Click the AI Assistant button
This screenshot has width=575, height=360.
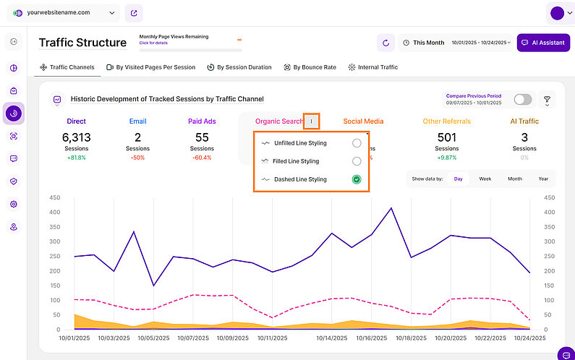click(x=543, y=43)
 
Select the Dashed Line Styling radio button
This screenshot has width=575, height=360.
click(x=357, y=179)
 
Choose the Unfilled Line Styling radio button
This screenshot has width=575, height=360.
click(x=357, y=143)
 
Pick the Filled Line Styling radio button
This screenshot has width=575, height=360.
click(x=357, y=161)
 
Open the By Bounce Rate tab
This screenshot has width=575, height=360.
click(x=310, y=67)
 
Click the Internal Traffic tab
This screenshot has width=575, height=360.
click(x=372, y=67)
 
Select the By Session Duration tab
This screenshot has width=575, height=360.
click(x=239, y=67)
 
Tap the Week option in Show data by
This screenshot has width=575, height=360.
click(x=485, y=179)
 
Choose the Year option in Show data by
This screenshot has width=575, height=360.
click(x=543, y=179)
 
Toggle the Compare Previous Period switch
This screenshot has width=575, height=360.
click(x=522, y=99)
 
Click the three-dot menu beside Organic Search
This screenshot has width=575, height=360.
click(x=311, y=121)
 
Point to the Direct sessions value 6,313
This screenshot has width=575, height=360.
click(x=76, y=137)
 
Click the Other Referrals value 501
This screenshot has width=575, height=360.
click(x=447, y=137)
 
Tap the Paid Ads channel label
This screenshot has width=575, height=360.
click(x=202, y=121)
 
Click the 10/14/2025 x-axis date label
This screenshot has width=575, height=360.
click(x=331, y=338)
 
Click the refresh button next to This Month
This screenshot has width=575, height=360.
click(x=386, y=43)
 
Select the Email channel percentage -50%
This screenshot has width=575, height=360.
click(x=137, y=158)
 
